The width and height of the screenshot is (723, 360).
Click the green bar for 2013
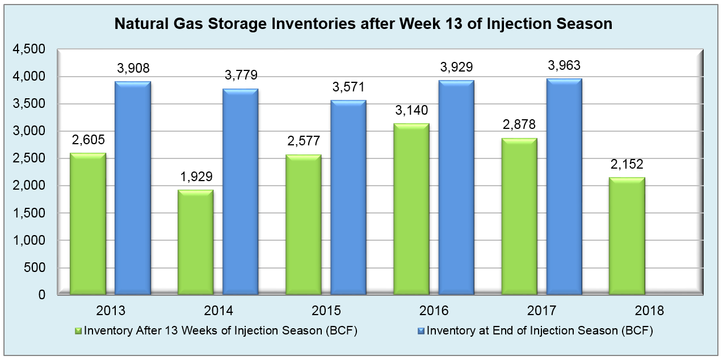click(88, 224)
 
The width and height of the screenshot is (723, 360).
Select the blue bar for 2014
click(241, 192)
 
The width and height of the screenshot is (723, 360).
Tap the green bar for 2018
click(627, 236)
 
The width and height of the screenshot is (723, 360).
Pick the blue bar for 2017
click(564, 187)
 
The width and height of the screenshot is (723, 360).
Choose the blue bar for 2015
click(348, 198)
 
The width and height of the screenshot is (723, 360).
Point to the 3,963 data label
click(564, 66)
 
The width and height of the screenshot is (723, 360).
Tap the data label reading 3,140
click(411, 110)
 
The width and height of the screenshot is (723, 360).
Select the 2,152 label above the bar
click(627, 165)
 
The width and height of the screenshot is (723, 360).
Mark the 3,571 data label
click(348, 88)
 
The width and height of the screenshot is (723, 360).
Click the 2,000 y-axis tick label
click(28, 186)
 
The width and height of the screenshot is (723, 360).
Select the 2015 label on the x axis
click(326, 311)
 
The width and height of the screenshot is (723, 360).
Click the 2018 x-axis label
click(650, 311)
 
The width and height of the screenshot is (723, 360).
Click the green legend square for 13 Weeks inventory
click(79, 331)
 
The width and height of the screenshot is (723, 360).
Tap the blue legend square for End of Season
click(422, 331)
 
